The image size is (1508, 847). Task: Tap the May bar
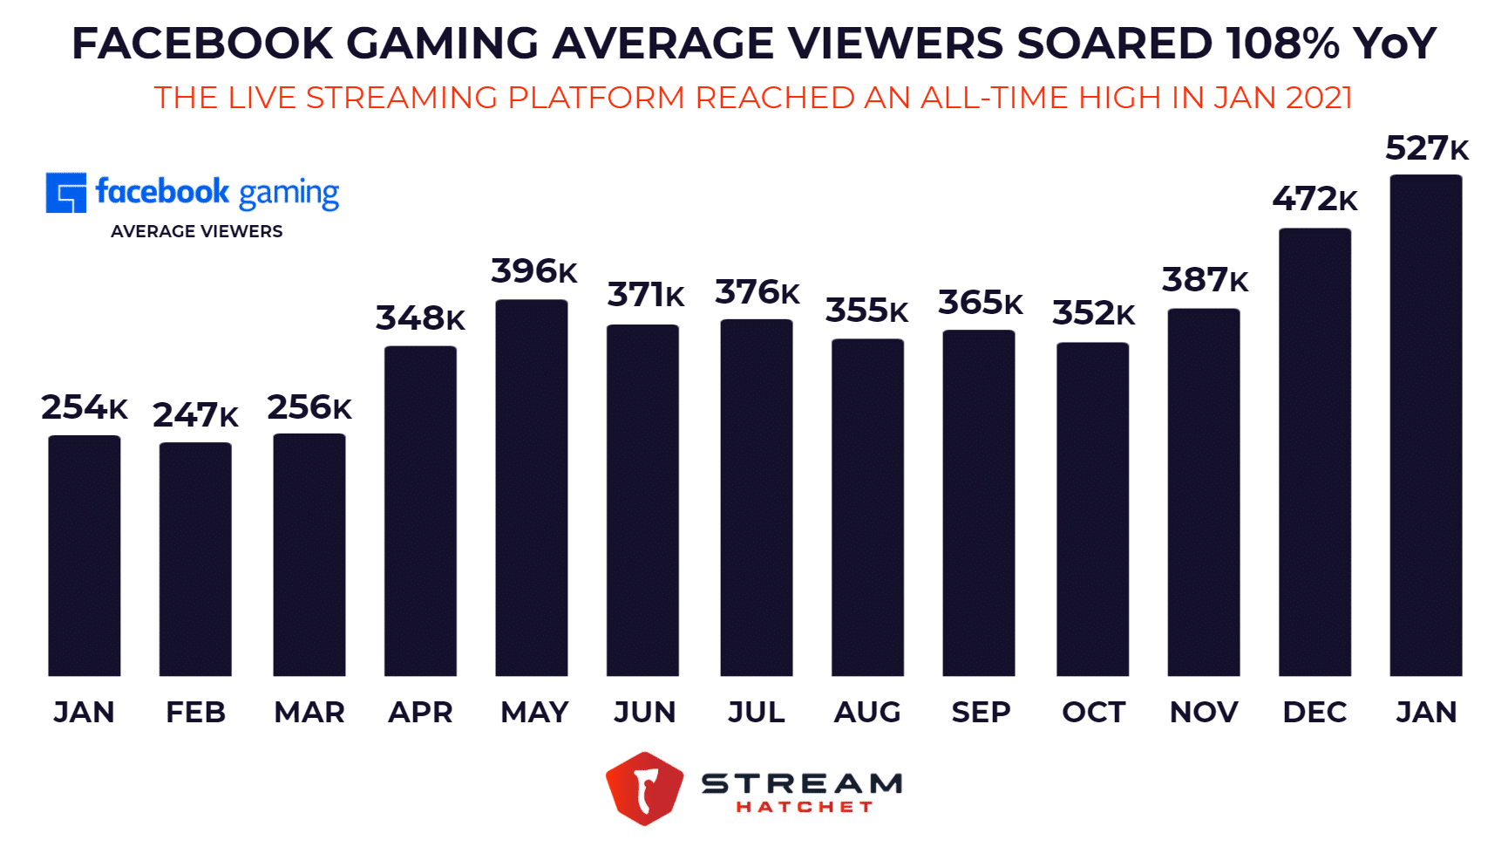pos(531,488)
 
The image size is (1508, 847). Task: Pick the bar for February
pos(195,559)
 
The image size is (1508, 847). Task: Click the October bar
pos(1092,509)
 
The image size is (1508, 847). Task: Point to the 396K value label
pos(533,271)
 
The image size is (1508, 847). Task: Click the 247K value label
pos(195,415)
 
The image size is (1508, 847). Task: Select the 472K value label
pos(1314,199)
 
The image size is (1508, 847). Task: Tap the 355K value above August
pos(866,311)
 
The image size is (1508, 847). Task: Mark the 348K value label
pos(420,318)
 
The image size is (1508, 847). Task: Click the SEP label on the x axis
pos(981,713)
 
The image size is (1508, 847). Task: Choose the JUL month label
pos(756,713)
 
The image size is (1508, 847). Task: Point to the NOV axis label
pos(1203,713)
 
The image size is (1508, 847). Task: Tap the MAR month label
pos(309,713)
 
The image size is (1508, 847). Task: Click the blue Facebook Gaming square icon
pos(66,193)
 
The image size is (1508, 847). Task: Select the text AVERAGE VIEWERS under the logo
pos(196,231)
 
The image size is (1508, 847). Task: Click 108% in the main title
pos(1281,44)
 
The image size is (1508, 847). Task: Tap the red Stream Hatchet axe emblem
pos(644,789)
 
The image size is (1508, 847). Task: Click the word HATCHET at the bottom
pos(804,807)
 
